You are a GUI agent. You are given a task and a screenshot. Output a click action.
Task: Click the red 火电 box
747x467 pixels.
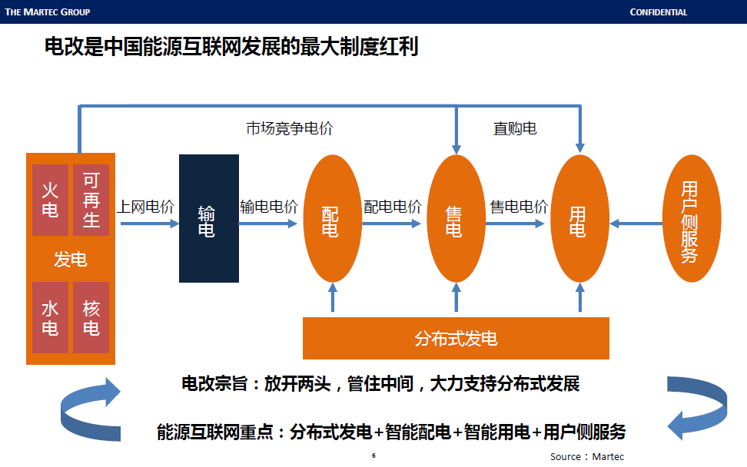50,200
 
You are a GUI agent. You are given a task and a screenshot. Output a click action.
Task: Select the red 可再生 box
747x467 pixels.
91,200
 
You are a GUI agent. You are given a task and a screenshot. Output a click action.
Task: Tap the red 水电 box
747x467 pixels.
50,318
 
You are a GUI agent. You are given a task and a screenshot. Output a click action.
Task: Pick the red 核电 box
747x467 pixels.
91,318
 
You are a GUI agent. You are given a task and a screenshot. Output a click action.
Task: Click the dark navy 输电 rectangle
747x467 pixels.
208,219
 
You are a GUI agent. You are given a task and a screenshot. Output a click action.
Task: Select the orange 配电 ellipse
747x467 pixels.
332,219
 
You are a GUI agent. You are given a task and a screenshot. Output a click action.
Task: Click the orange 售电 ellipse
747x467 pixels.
456,219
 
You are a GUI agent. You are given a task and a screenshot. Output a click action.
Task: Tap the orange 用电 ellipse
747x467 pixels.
579,219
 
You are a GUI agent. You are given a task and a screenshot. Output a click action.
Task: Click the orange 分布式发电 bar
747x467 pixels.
456,338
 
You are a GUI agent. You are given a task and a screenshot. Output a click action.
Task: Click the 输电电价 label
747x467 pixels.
269,207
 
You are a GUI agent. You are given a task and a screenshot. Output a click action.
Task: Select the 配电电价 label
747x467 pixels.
392,207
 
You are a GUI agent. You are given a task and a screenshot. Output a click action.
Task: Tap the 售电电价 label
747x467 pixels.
519,207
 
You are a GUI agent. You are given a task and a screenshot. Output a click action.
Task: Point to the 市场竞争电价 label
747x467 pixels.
290,128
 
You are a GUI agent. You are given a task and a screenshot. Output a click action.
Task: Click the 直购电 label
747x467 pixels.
515,128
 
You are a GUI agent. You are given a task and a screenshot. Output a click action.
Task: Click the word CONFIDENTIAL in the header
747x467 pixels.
658,12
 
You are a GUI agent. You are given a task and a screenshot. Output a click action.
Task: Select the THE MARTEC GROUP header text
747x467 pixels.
48,12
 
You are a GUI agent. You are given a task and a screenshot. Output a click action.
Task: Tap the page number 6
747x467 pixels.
373,455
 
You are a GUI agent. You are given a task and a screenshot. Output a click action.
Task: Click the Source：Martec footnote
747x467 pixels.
587,457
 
